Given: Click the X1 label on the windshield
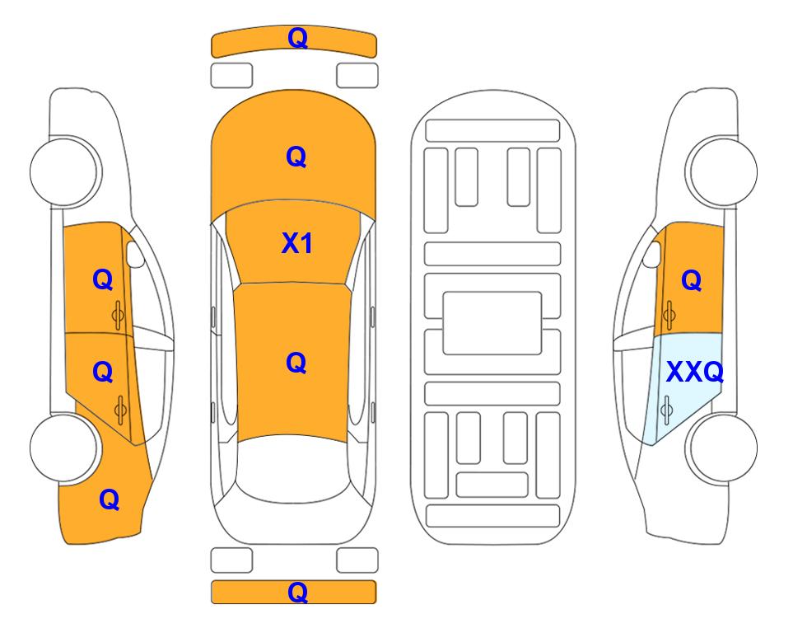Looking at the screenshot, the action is pyautogui.click(x=297, y=243).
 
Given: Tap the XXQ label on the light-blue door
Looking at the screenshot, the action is pyautogui.click(x=694, y=372).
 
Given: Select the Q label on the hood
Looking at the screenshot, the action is pyautogui.click(x=296, y=157).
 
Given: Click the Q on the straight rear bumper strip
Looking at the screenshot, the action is pyautogui.click(x=297, y=592).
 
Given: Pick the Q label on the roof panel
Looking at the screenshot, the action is pyautogui.click(x=296, y=363).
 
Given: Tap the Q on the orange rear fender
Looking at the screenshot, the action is pyautogui.click(x=110, y=499).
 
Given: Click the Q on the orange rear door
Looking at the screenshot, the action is pyautogui.click(x=103, y=373).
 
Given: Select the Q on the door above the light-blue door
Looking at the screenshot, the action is pyautogui.click(x=692, y=280).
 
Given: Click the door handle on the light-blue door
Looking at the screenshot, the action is pyautogui.click(x=666, y=410).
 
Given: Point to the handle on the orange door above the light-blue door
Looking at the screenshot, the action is pyautogui.click(x=669, y=315).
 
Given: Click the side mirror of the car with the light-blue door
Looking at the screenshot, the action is pyautogui.click(x=652, y=254).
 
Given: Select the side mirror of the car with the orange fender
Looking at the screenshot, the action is pyautogui.click(x=135, y=254).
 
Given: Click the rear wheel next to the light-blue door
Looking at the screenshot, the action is pyautogui.click(x=721, y=448).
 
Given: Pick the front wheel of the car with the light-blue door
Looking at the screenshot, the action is pyautogui.click(x=721, y=171).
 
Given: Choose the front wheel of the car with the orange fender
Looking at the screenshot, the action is pyautogui.click(x=65, y=171).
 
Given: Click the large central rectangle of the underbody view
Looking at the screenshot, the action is pyautogui.click(x=492, y=323).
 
